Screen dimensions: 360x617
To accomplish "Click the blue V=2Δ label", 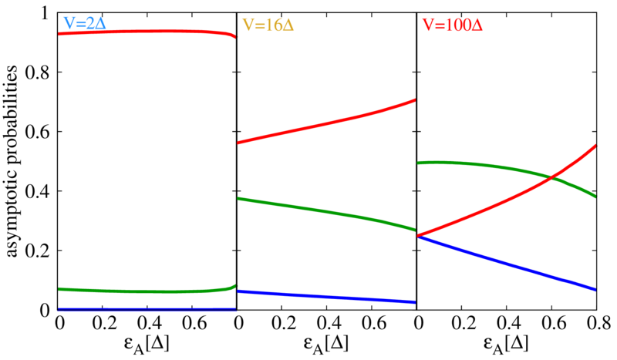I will (84, 24).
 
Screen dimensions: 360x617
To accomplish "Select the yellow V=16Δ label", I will (268, 25).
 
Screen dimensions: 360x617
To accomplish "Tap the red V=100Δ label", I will (452, 25).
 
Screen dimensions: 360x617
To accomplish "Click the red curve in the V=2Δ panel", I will (147, 31).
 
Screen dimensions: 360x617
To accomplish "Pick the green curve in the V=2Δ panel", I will (147, 291).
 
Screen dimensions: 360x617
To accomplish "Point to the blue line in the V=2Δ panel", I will (147, 310).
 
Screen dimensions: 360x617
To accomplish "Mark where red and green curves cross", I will (553, 178).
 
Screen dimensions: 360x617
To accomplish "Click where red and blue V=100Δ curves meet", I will (419, 235).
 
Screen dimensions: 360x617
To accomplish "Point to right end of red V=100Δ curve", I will (596, 144).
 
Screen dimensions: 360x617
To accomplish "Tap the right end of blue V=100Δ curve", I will (595, 289).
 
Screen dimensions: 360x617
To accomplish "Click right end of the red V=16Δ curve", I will (414, 100).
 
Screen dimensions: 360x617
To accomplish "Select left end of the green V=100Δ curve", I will (420, 163).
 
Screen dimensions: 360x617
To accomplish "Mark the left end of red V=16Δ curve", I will (239, 143).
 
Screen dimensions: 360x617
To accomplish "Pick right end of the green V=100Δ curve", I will (595, 197).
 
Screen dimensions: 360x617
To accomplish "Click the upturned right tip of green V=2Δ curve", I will (235, 286).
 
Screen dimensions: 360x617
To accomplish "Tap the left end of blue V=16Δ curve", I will (239, 291).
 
